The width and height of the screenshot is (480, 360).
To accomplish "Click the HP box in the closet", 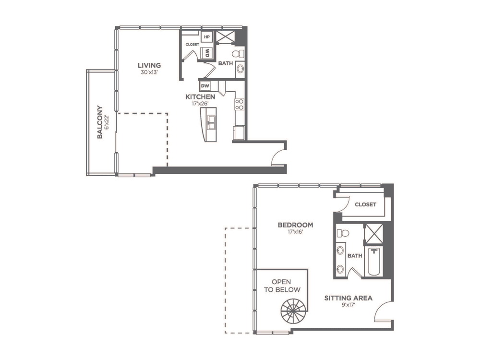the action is coord(207,37).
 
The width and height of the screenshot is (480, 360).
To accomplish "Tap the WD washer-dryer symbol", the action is coord(207,54).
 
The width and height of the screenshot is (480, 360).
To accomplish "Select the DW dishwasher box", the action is coord(205,86).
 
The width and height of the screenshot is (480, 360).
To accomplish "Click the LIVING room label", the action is coord(149,65).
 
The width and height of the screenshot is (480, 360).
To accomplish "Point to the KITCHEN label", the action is coord(200,97).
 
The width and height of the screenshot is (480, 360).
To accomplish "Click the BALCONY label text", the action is coord(100,122).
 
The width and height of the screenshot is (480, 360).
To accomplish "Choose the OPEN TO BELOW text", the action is coord(282,286).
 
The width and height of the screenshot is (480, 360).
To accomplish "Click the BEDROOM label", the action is coord(295,225).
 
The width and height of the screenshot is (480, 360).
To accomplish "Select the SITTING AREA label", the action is coord(348,298).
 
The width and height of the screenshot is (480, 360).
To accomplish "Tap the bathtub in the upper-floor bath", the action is coord(374,262).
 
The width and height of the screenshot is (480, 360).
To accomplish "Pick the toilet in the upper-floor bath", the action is coord(343,233).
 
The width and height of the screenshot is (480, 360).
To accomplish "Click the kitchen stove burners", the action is coord(240,104).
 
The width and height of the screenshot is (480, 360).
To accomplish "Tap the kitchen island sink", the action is coord(211,123).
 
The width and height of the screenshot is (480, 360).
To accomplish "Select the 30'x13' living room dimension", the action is coord(149,72).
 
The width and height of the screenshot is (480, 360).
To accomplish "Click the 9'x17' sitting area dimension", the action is coord(348,305).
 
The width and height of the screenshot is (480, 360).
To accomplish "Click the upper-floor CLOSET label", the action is coord(365,204).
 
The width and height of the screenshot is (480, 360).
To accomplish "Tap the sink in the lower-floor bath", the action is coord(240,69).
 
